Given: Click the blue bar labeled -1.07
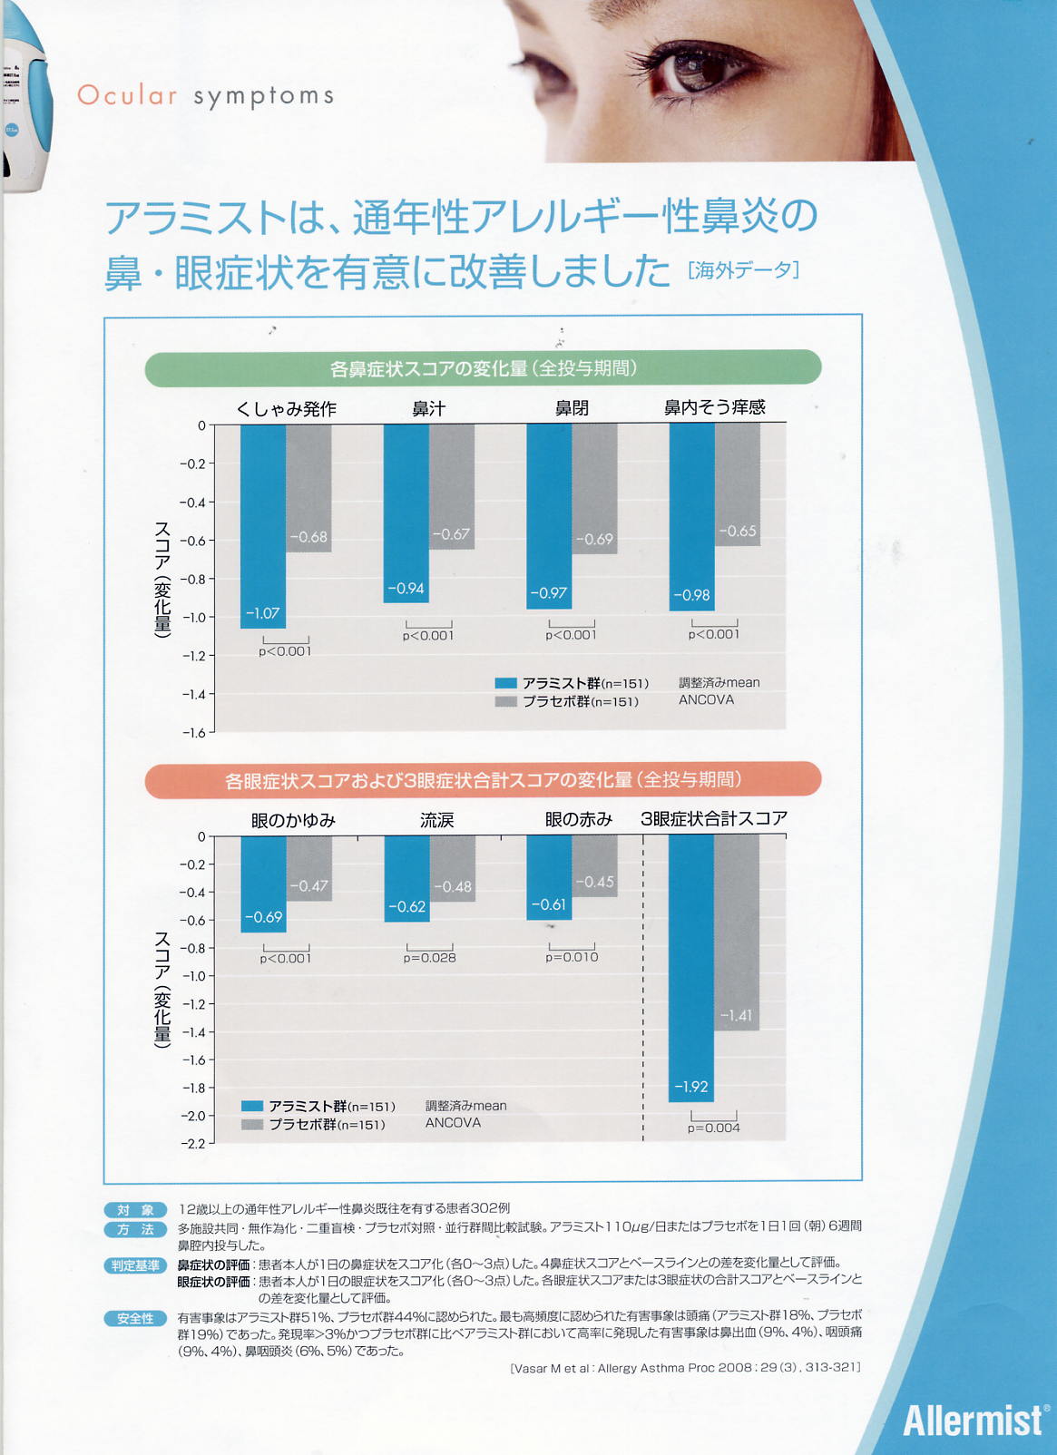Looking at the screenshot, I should pos(263,526).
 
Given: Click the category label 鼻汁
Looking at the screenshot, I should pos(428,409).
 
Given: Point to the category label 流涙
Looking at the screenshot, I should pos(436,820).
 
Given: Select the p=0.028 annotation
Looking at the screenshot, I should pos(430,958).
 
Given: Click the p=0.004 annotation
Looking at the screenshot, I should pos(714,1128).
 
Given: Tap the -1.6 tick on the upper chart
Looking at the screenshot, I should pos(194,733).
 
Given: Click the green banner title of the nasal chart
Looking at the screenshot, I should pos(483,368).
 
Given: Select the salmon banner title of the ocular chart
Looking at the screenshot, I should pos(483,780).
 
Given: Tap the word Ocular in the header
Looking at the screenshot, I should pos(127,95).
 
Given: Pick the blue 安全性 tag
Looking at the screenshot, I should pos(135,1318).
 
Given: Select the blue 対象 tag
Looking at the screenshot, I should pos(135,1209).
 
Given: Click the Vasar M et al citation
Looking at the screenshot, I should pos(685,1367).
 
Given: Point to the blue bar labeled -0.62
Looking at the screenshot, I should pos(406,879).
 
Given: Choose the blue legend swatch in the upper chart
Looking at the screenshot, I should pos(505,683).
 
